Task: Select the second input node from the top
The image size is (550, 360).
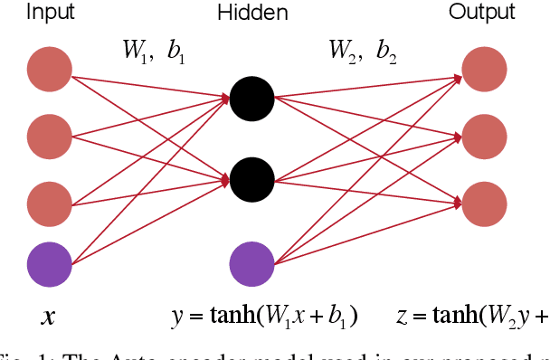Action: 49,137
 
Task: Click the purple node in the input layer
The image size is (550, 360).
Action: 49,265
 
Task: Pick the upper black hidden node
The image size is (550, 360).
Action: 252,99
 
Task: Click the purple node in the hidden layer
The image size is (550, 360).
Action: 252,264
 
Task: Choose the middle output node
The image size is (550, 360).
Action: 484,137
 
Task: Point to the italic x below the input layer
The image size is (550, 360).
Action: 47,317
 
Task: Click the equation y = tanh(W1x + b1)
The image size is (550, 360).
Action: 264,317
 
